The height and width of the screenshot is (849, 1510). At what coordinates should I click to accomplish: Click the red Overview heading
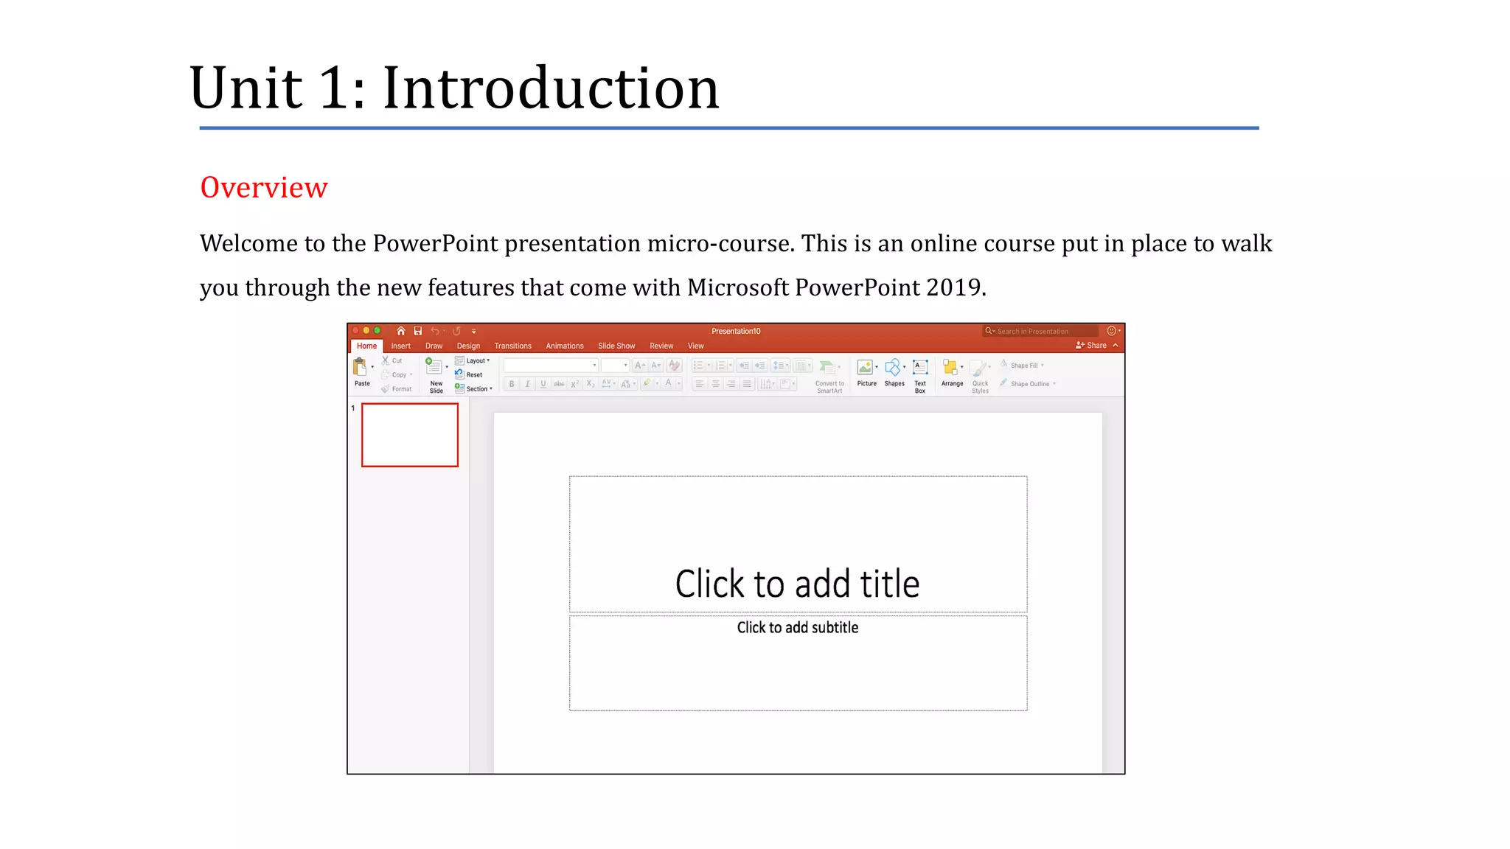[x=263, y=188]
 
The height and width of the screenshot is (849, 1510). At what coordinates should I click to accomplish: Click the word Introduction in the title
[x=550, y=88]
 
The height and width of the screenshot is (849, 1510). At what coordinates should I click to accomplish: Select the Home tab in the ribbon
[x=366, y=346]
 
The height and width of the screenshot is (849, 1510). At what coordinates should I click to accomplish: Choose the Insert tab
[x=400, y=346]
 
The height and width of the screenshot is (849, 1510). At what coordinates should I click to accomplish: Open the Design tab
[x=468, y=346]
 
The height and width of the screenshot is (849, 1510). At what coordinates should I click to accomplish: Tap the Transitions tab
[x=512, y=346]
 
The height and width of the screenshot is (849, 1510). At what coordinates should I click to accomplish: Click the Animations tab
[x=564, y=346]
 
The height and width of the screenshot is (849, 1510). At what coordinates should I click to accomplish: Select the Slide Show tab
[x=616, y=346]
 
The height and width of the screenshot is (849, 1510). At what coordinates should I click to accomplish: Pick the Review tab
[x=661, y=346]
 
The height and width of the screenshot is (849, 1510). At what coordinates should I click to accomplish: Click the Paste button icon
[x=361, y=367]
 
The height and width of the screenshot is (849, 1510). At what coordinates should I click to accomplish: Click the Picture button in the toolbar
[x=866, y=372]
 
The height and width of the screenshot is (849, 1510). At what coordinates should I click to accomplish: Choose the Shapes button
[x=894, y=372]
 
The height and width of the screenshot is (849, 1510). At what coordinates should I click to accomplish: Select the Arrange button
[x=951, y=372]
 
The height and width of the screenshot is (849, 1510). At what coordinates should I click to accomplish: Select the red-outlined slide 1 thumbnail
[x=410, y=435]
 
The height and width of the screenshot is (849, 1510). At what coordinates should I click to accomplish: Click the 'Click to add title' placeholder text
[x=797, y=584]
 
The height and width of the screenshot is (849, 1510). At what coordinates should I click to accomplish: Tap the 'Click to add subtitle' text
[x=797, y=627]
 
